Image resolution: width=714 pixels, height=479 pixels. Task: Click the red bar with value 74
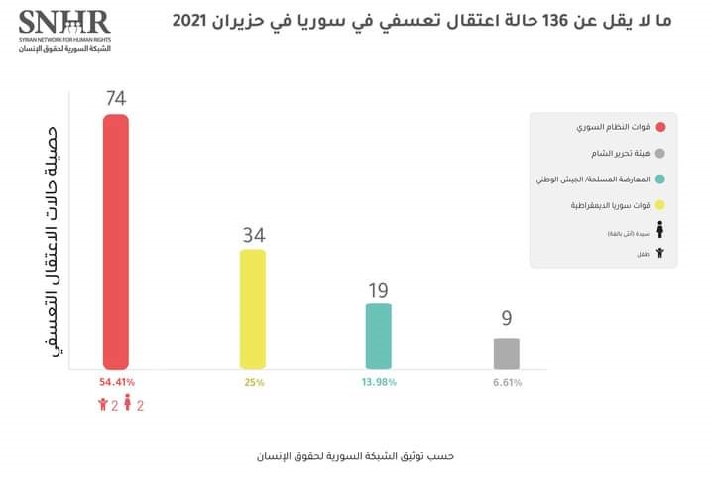click(116, 243)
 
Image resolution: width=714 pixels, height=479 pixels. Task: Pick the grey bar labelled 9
click(506, 353)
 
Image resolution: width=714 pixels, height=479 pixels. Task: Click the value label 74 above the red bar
click(116, 99)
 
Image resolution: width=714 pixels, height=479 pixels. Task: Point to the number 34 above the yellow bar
click(253, 235)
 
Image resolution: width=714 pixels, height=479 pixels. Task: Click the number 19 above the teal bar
click(379, 290)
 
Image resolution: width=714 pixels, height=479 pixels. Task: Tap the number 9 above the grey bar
click(506, 320)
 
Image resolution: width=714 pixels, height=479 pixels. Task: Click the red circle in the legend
click(660, 127)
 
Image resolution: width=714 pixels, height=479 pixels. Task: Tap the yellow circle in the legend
click(660, 205)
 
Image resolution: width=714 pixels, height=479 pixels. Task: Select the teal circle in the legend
click(660, 180)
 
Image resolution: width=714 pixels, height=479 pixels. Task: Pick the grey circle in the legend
click(660, 153)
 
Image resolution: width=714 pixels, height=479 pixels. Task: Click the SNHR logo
click(64, 29)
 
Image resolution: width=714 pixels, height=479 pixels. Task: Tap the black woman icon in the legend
click(660, 231)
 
